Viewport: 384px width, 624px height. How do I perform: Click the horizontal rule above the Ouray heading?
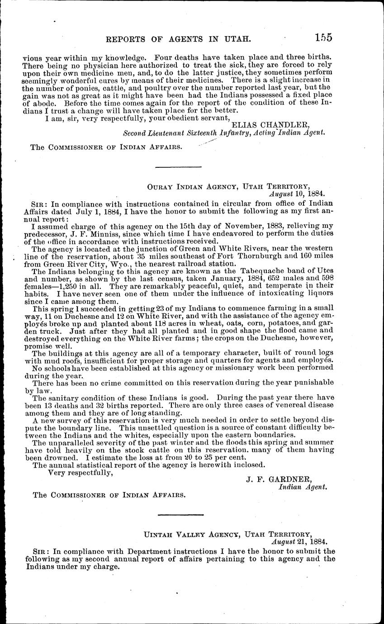tap(178, 167)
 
